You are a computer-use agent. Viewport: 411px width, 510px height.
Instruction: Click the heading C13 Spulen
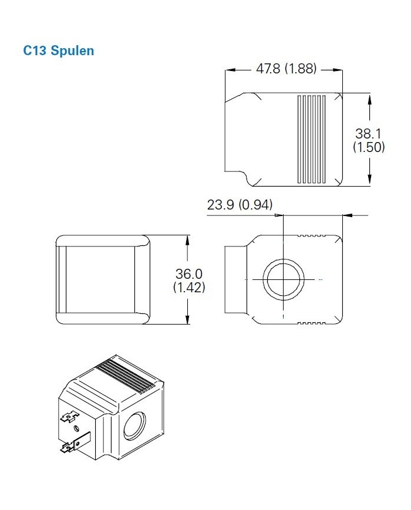point(58,50)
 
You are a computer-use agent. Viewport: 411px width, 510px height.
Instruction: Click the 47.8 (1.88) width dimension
point(286,69)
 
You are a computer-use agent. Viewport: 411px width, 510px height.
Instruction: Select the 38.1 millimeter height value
point(368,133)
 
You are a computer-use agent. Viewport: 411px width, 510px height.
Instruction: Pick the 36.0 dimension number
point(188,274)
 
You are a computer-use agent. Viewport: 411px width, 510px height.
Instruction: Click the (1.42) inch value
point(188,288)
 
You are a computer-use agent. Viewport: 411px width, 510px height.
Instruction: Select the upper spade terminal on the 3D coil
point(70,418)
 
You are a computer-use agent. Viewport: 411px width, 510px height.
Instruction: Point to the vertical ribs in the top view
point(311,140)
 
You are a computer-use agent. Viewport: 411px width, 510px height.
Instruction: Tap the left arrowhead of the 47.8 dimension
point(231,70)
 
